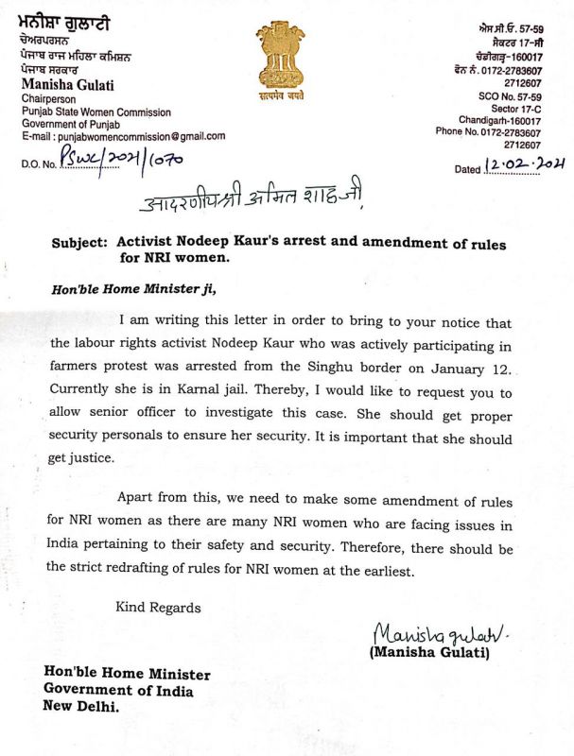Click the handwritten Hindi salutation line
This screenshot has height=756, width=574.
coord(250,201)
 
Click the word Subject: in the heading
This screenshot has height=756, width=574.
coord(83,244)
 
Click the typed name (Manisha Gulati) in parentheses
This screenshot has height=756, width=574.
coord(427,652)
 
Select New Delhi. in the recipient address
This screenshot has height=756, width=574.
coord(81,706)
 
